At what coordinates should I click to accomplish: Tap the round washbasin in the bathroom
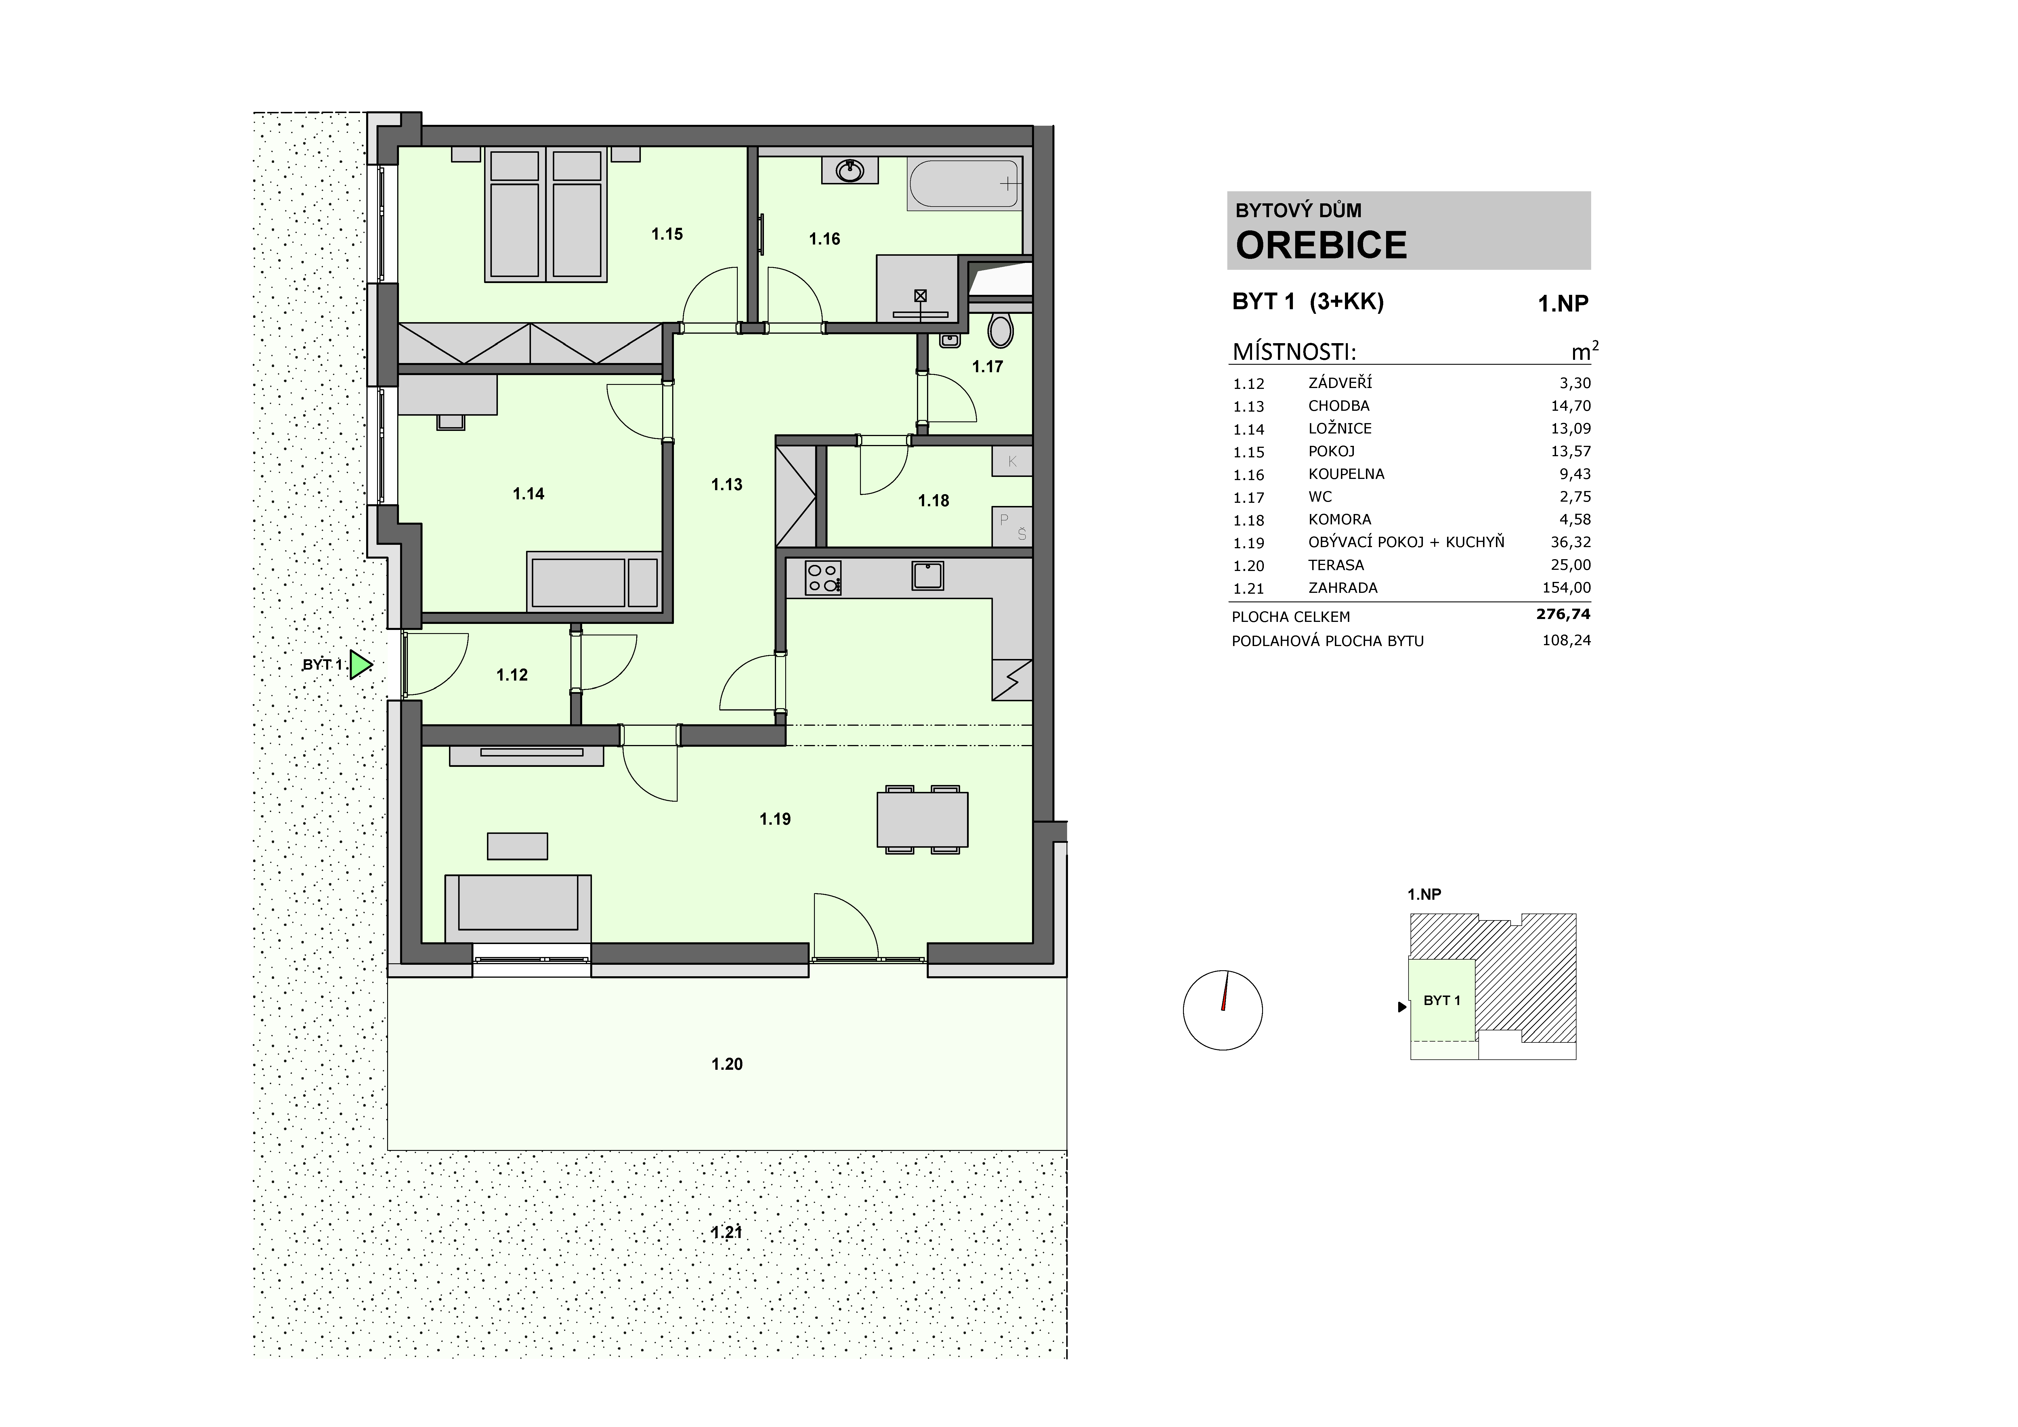(850, 171)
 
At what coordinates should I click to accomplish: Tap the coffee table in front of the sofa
(518, 846)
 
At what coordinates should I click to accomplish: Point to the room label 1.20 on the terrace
(727, 1064)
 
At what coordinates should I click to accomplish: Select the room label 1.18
(933, 501)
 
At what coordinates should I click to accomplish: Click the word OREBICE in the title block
(1321, 245)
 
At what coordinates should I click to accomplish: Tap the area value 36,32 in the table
(1571, 542)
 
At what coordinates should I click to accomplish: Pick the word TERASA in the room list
(1336, 565)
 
